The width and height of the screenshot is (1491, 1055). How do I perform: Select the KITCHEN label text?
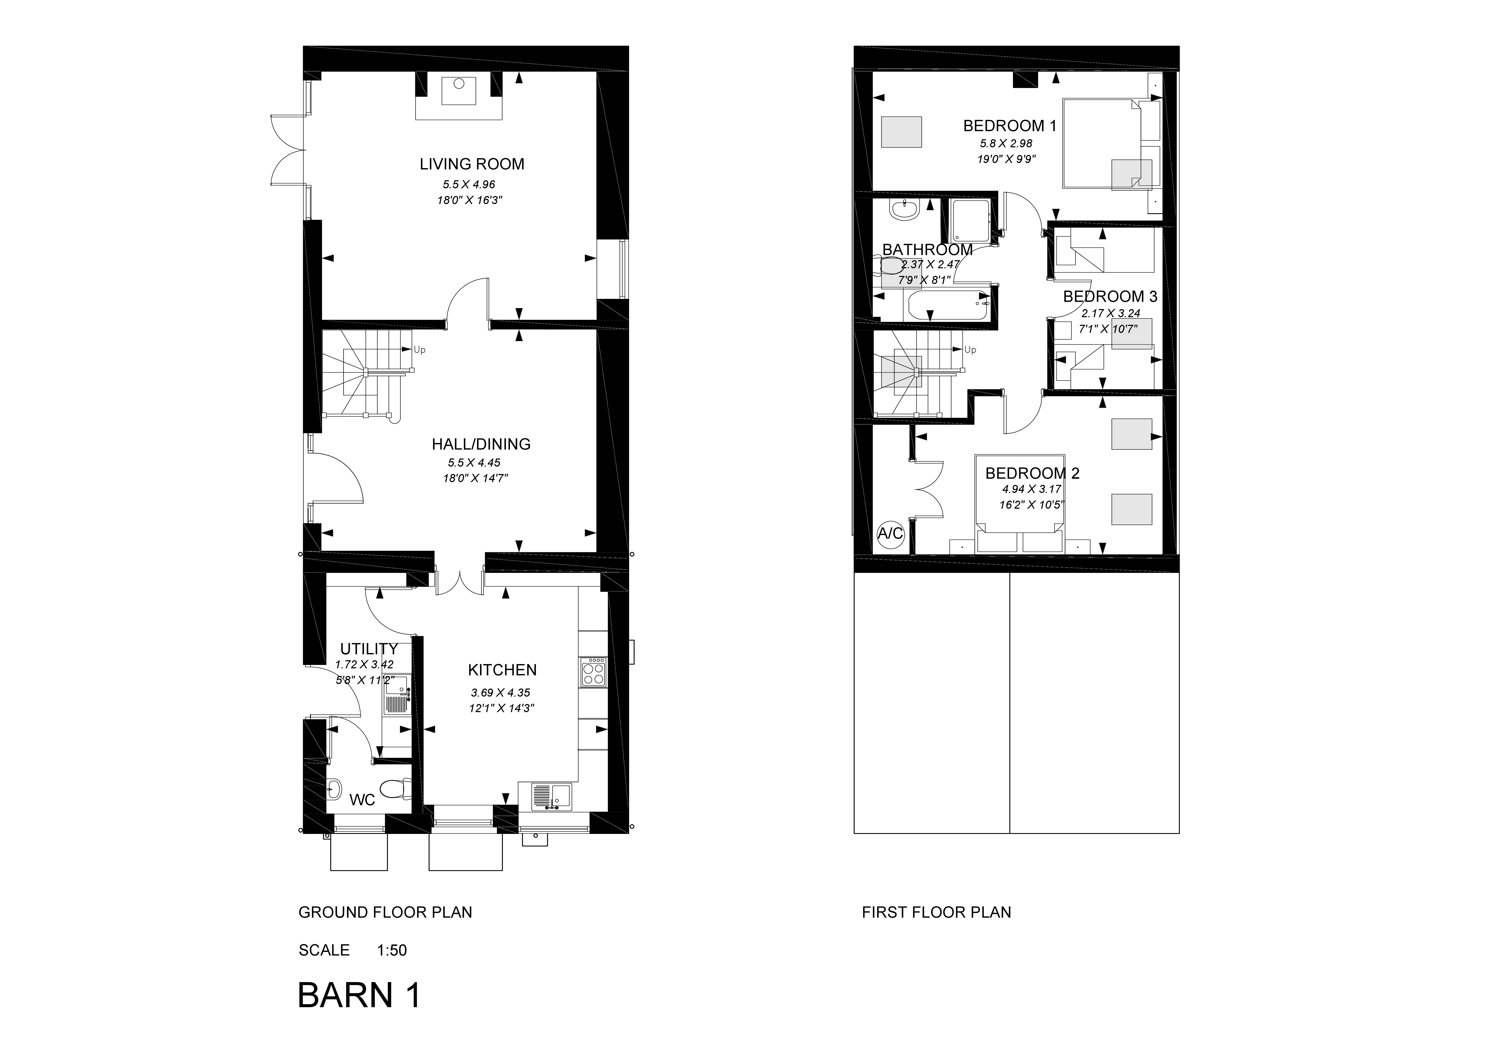click(x=502, y=670)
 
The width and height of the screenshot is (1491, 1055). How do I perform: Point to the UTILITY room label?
click(x=369, y=649)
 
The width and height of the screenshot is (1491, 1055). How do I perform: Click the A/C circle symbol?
click(x=890, y=534)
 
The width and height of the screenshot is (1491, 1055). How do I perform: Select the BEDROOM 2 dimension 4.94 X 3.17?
click(x=1031, y=489)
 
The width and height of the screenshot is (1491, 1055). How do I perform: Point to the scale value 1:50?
click(x=392, y=950)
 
